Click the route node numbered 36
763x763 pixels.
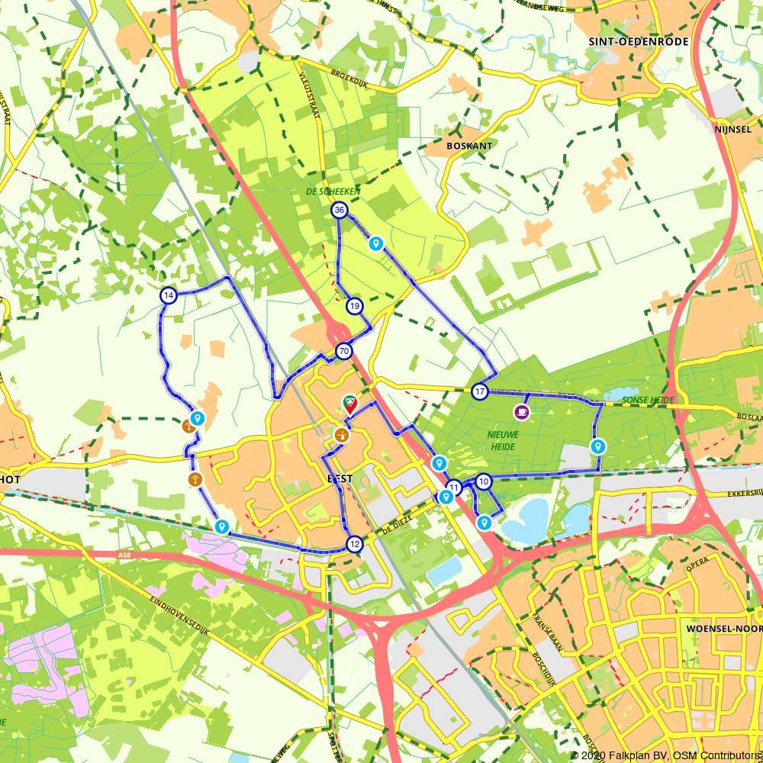(x=340, y=210)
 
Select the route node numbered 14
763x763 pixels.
(x=169, y=295)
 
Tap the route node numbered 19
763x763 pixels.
(x=355, y=306)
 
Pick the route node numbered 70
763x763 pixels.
(x=343, y=352)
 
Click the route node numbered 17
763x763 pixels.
(x=479, y=392)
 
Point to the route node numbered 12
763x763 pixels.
(x=354, y=544)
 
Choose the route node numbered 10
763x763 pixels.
(x=484, y=481)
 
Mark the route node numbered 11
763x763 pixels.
(x=454, y=487)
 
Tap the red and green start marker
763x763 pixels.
(x=349, y=403)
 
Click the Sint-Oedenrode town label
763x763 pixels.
(x=639, y=41)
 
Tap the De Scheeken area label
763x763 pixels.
(x=333, y=192)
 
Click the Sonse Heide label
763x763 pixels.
(x=648, y=400)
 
